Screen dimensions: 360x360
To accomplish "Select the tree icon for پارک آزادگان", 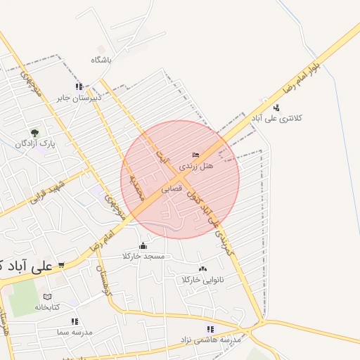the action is coord(34,132).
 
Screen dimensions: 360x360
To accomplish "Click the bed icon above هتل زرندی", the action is coord(195,155).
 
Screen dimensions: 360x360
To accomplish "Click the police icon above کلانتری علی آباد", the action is coord(276,107).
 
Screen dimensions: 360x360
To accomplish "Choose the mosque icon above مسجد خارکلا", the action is coord(143,245).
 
